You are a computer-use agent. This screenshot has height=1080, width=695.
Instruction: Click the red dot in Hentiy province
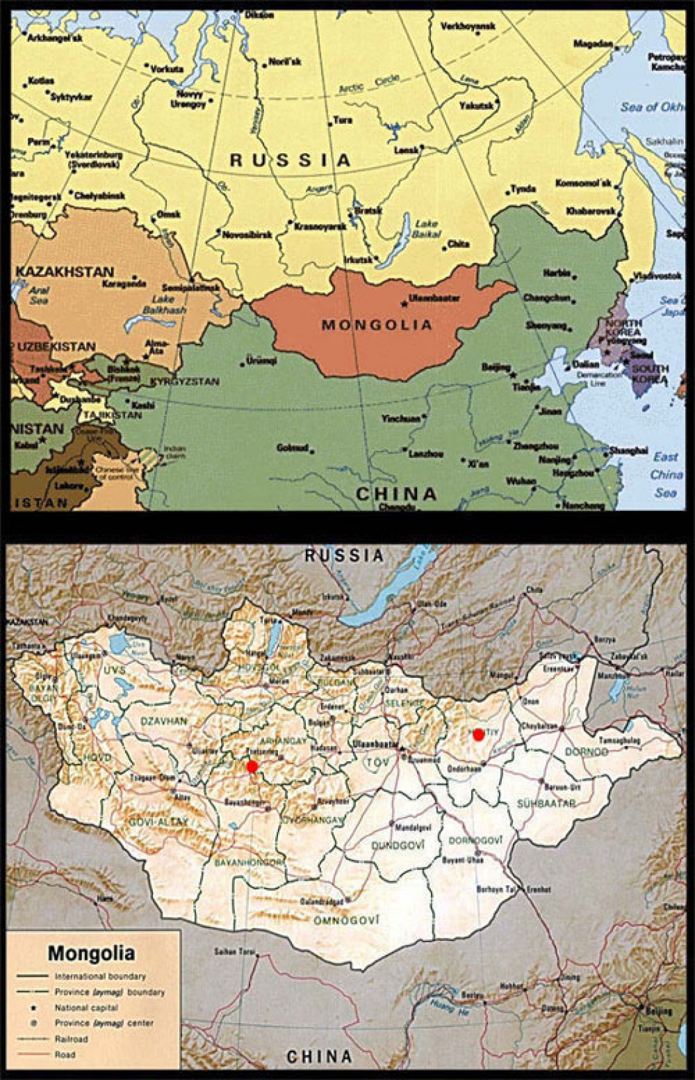(479, 735)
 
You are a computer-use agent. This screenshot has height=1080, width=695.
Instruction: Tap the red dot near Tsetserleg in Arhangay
(252, 767)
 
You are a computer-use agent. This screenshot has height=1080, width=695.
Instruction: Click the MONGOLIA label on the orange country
(377, 325)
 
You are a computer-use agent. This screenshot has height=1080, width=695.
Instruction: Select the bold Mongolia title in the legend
(91, 953)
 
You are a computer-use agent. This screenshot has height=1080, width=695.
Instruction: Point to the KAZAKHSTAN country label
(65, 272)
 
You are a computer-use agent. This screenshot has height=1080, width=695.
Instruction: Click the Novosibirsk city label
(248, 235)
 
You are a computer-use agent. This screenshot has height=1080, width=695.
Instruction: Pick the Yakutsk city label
(477, 106)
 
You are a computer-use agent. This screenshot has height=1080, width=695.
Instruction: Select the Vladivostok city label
(657, 276)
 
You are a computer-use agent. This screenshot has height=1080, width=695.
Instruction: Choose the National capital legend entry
(86, 1007)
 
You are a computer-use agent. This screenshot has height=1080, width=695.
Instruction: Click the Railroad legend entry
(71, 1039)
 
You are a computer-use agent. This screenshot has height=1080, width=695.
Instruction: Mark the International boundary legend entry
(100, 976)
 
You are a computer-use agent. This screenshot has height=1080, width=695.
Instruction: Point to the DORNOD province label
(586, 752)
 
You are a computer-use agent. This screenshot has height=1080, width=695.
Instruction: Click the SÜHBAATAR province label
(546, 803)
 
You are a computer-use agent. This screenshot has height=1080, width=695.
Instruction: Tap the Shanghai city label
(628, 451)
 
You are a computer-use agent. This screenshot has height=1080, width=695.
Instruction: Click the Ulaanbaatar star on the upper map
(404, 304)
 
